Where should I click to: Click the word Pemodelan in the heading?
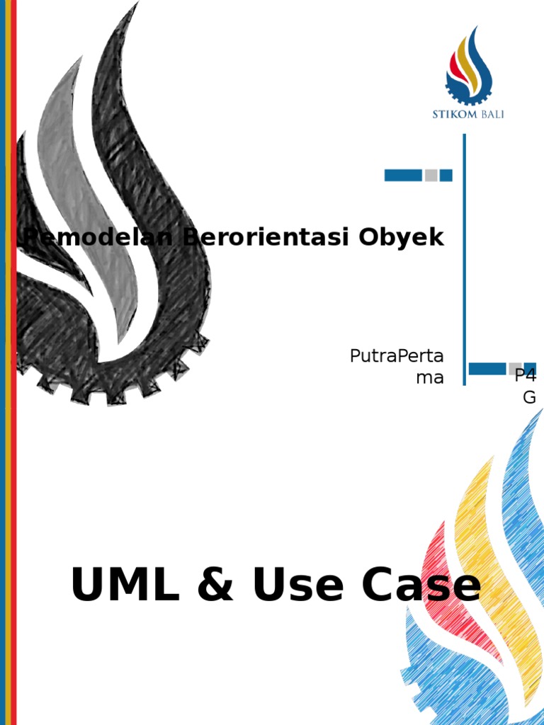99,237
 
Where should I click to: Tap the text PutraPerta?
396,356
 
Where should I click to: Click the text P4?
526,376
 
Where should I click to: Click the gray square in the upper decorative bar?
431,175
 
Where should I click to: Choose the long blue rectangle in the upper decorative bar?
403,175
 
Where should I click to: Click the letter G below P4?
529,397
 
